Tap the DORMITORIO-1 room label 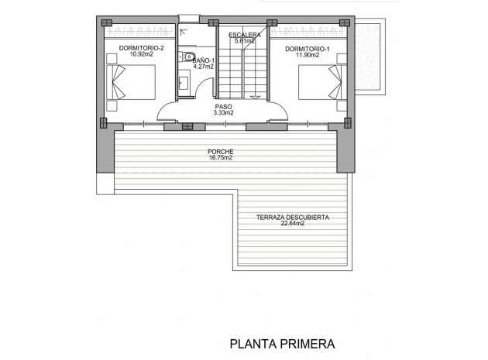click(x=307, y=49)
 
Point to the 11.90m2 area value click(x=307, y=56)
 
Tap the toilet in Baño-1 click(x=188, y=56)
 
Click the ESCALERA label click(x=245, y=36)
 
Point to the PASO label click(x=223, y=106)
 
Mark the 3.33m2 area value click(x=223, y=113)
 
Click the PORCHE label click(x=221, y=152)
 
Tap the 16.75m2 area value click(x=221, y=159)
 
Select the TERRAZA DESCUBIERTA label click(x=293, y=218)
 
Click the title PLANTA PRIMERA click(x=282, y=341)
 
